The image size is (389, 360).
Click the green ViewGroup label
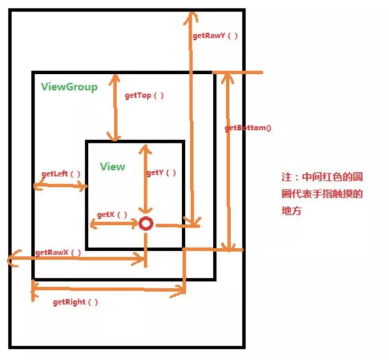click(69, 87)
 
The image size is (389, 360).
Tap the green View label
click(113, 166)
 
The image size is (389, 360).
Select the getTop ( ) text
click(144, 96)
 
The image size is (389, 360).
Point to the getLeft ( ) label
click(61, 174)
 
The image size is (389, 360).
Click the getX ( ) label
click(112, 214)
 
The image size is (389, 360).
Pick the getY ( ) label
click(161, 173)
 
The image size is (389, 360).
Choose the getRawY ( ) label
click(215, 36)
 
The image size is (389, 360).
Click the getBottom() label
click(248, 128)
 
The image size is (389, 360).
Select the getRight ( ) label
click(75, 301)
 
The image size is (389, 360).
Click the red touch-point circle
click(146, 224)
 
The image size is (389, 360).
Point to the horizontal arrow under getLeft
click(60, 186)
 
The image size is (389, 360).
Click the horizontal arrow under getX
click(115, 224)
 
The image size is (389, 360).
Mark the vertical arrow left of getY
click(147, 180)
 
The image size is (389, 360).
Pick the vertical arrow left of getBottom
click(226, 161)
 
